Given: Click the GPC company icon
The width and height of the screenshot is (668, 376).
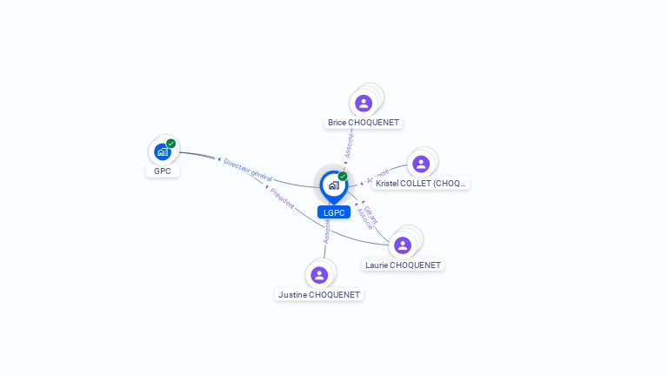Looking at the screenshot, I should [162, 151].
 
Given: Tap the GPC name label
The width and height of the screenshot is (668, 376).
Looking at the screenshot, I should [162, 171].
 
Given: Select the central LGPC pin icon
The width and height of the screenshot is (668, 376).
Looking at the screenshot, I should [333, 185].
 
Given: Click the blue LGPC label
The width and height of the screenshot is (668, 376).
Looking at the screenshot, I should [334, 212].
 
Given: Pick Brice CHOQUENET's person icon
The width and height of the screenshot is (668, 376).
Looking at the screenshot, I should [364, 103].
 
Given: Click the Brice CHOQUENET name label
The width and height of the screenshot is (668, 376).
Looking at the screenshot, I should [364, 123].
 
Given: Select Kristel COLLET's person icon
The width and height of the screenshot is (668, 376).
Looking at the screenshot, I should [421, 164].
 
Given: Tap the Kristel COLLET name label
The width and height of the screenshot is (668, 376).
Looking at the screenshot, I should [422, 184].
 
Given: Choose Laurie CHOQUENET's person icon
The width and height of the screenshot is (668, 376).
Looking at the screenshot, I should [403, 245].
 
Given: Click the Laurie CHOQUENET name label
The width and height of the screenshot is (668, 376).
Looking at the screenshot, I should [403, 265].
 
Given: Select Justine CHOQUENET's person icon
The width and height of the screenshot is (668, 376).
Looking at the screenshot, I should [319, 275].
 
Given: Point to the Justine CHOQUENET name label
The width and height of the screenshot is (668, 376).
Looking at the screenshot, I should [319, 295].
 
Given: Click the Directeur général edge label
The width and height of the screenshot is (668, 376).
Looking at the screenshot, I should [247, 169].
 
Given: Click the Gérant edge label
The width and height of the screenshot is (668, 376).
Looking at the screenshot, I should [369, 212].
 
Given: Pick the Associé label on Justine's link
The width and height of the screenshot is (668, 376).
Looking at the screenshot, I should [327, 230].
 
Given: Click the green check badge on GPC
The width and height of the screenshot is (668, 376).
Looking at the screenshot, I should [171, 144].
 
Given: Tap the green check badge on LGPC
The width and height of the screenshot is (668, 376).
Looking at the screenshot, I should [343, 177].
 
